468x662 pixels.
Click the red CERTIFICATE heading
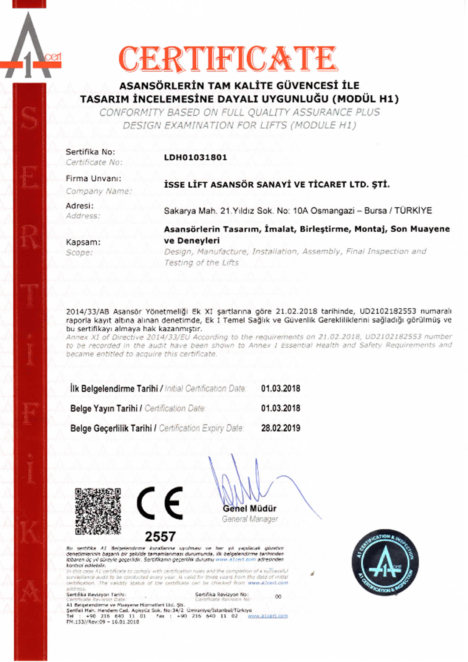click(x=228, y=59)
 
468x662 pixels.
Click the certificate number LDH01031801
click(x=195, y=157)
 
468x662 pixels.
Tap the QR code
click(x=98, y=511)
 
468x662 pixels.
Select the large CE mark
click(x=160, y=503)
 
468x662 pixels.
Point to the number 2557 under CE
click(x=160, y=536)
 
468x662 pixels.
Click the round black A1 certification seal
click(x=385, y=562)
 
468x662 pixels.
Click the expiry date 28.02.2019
click(x=281, y=428)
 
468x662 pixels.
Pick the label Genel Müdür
click(x=250, y=508)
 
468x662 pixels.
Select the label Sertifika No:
click(x=90, y=152)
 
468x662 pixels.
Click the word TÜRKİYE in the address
click(x=413, y=211)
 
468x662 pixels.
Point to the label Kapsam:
click(x=83, y=242)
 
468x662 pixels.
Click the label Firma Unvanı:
click(x=93, y=179)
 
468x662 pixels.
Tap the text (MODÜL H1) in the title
click(x=366, y=99)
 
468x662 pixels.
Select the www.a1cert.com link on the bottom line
click(x=268, y=616)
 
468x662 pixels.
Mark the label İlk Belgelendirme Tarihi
click(x=114, y=388)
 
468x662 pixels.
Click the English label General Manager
click(x=250, y=519)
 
